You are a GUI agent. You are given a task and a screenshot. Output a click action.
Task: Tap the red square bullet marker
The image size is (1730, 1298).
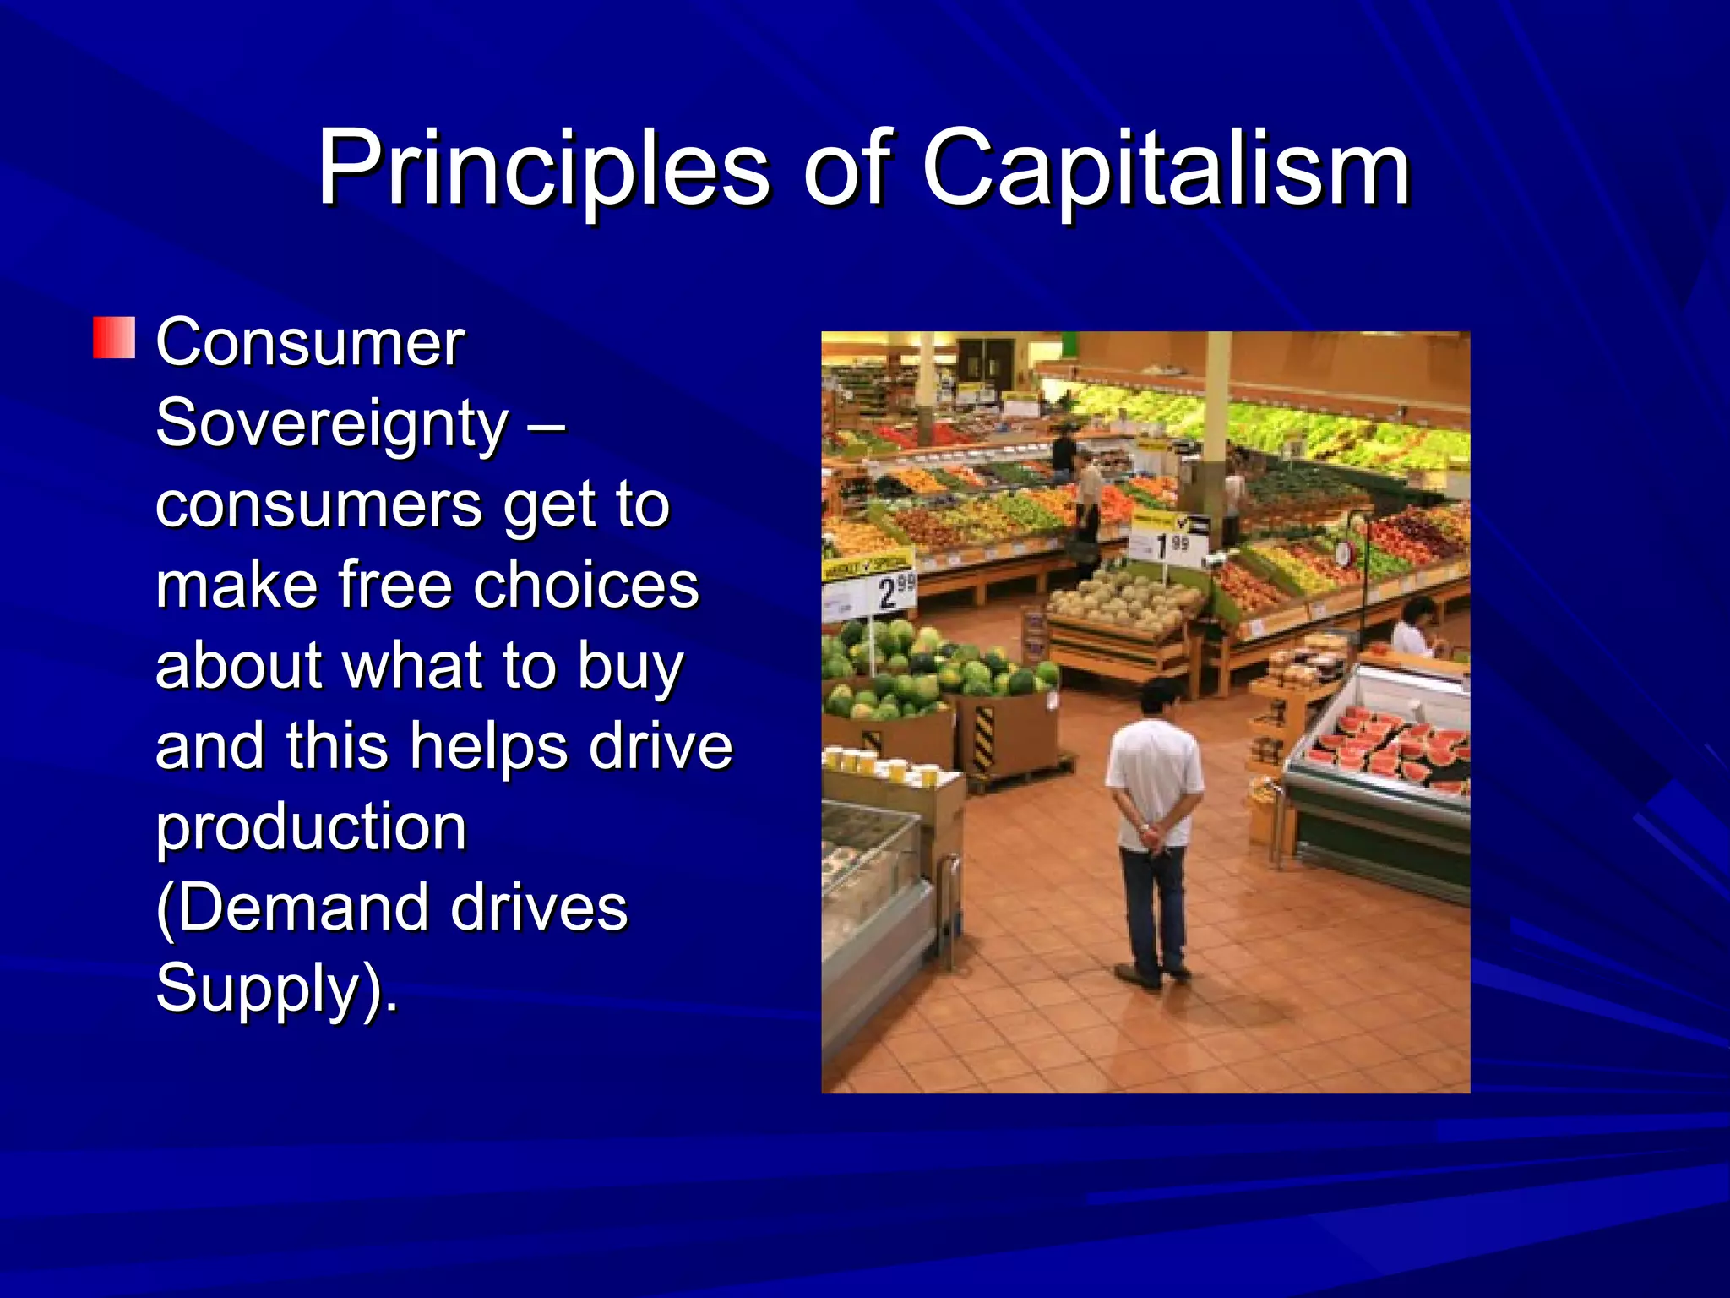(x=113, y=338)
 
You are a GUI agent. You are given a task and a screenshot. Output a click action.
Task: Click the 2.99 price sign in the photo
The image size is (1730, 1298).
(x=894, y=592)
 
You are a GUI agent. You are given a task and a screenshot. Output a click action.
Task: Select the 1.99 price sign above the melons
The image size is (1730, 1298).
(x=1171, y=545)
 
